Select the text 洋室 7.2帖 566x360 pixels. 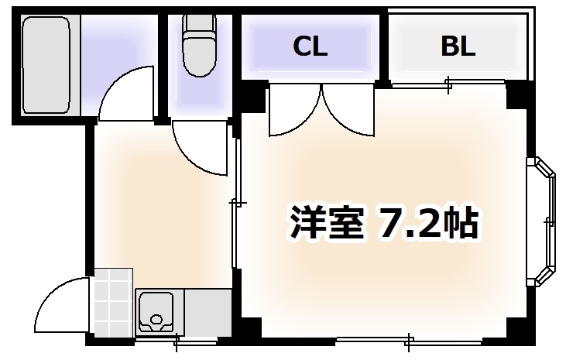384,224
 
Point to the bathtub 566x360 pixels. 46,65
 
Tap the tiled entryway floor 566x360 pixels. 112,301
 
